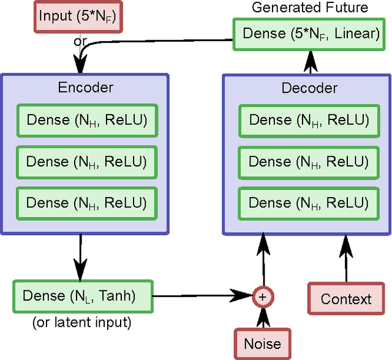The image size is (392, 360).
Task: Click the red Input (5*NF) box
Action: click(73, 16)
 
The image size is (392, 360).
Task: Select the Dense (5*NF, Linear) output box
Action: click(311, 34)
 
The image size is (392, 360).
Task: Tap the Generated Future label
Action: click(310, 7)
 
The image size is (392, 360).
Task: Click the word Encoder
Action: click(85, 87)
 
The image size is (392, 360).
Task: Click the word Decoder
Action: click(309, 88)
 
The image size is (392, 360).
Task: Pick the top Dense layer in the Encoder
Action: click(86, 120)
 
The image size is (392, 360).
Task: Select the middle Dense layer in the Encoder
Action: click(86, 162)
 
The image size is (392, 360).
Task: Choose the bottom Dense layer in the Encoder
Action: click(86, 202)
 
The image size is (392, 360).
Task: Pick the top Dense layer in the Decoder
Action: click(309, 120)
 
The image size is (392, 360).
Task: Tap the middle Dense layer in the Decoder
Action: click(309, 162)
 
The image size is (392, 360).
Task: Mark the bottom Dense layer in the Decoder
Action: click(309, 202)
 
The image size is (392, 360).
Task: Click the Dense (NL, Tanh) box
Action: click(83, 296)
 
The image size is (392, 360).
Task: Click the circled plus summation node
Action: click(263, 296)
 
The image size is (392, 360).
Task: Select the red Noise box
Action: click(263, 343)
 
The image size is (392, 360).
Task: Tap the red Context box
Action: click(346, 299)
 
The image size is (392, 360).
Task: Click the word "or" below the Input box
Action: click(80, 41)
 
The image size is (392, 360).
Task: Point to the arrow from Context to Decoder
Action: click(346, 260)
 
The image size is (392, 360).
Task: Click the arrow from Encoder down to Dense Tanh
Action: click(80, 257)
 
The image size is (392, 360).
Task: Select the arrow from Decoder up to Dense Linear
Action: click(311, 62)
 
